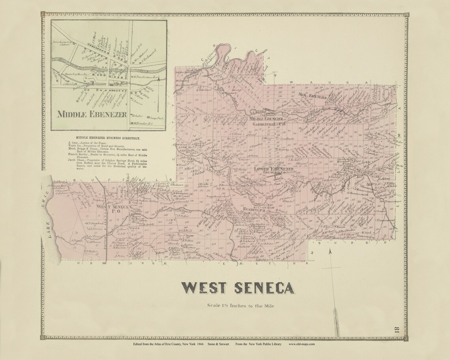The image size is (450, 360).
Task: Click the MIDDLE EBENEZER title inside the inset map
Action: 92,114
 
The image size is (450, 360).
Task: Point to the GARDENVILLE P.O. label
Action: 271,124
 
